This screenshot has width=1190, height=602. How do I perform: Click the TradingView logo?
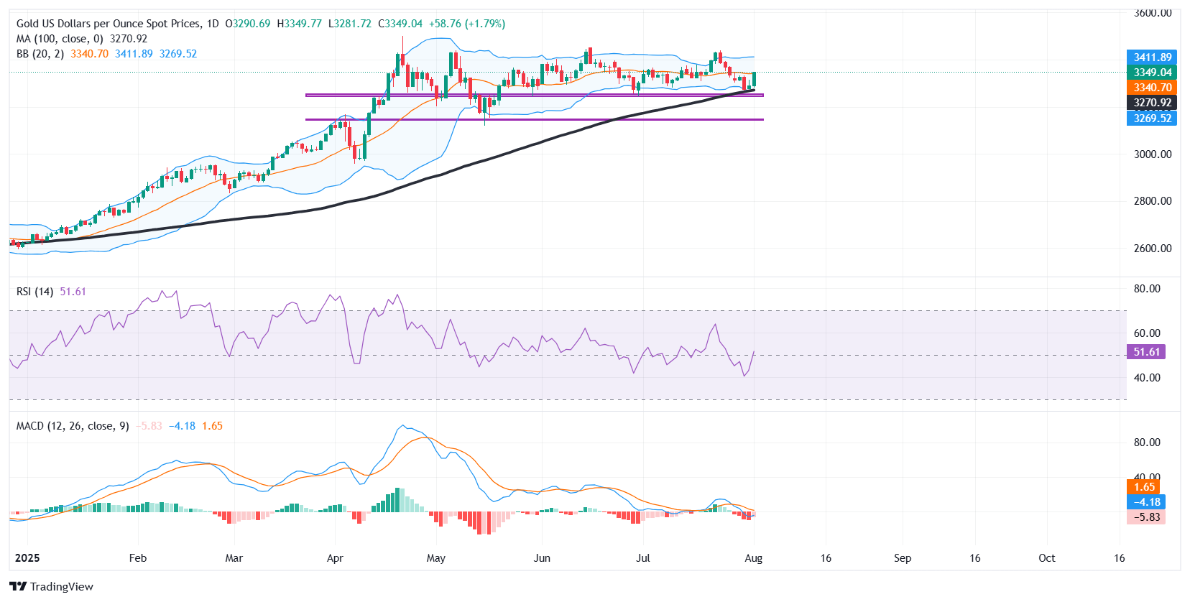[x=51, y=586]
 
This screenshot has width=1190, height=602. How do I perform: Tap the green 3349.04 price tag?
[x=1152, y=73]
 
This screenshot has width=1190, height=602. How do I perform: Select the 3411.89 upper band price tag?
[x=1152, y=57]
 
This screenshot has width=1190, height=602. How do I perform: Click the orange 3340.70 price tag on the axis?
[x=1152, y=88]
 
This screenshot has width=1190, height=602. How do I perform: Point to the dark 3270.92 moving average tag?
[x=1152, y=103]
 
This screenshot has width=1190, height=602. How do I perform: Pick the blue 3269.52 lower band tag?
[x=1152, y=119]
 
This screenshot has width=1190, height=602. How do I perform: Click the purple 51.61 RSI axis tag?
[x=1146, y=352]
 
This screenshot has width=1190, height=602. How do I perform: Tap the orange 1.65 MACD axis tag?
[x=1144, y=487]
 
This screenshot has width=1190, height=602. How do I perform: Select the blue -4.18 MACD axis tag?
[x=1146, y=502]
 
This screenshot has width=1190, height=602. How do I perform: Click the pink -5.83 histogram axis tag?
[x=1146, y=517]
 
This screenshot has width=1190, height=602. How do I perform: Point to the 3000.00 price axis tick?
[x=1153, y=154]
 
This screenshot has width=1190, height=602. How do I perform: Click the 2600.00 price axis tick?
[x=1153, y=249]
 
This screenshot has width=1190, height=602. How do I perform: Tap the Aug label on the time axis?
[x=753, y=558]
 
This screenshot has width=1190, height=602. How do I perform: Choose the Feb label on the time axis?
[x=137, y=558]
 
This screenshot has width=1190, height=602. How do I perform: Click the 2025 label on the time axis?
[x=27, y=558]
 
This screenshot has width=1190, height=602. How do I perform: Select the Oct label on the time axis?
[x=1047, y=558]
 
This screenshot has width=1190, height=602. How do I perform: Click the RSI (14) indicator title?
[x=34, y=292]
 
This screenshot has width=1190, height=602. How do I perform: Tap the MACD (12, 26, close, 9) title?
[x=73, y=426]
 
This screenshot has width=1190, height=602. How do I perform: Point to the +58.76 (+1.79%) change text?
[x=467, y=24]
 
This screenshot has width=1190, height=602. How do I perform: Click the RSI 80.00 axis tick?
[x=1147, y=289]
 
